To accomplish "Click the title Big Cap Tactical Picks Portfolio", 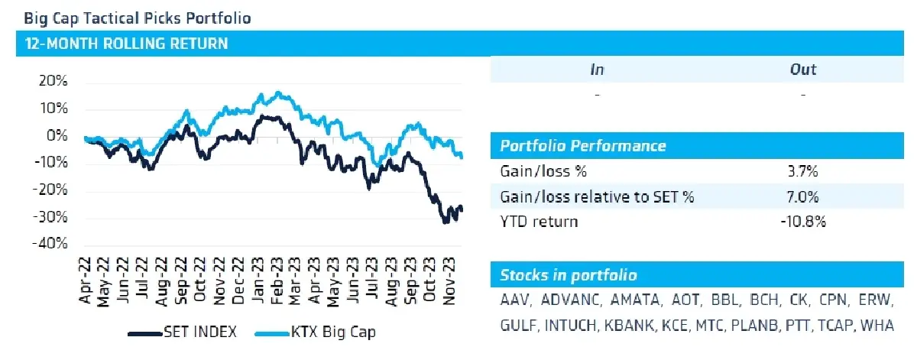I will click(x=138, y=17).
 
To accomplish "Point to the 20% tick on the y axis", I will click(x=53, y=81).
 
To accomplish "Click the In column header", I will click(x=598, y=70).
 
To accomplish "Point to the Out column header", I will click(x=802, y=70).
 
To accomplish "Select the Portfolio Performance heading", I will click(x=582, y=146).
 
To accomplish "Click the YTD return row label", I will click(x=539, y=222).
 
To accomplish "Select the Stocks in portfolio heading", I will click(x=568, y=275).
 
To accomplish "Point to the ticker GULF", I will click(x=517, y=326).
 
